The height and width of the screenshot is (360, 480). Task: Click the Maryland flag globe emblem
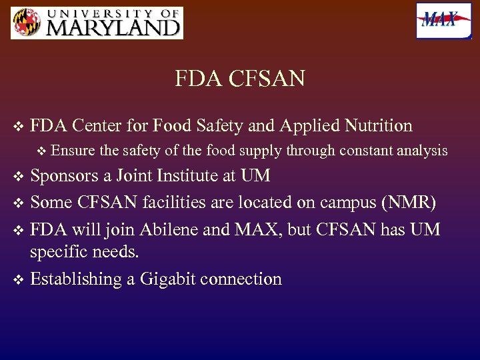point(26,23)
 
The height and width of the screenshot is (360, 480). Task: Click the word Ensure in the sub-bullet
point(71,151)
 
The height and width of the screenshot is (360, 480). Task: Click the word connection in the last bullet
point(245,279)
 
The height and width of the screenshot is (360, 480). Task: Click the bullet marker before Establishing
point(18,279)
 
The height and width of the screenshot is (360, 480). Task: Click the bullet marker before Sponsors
point(18,177)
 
